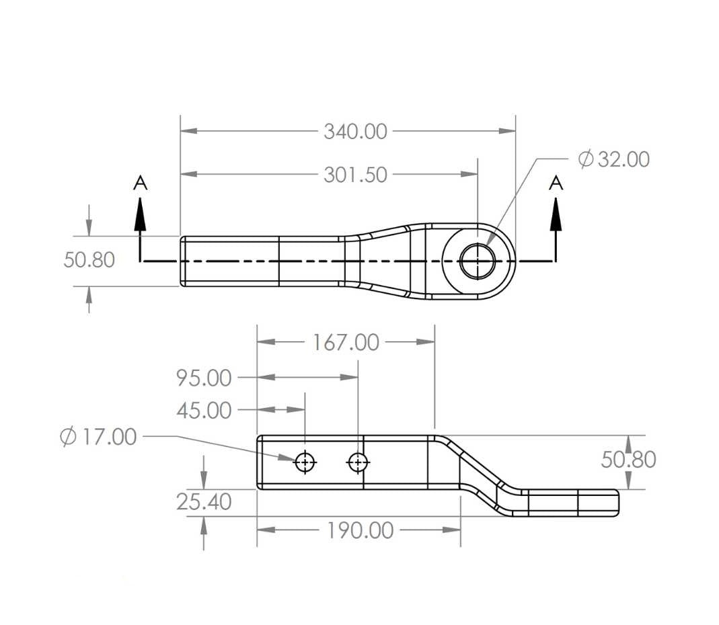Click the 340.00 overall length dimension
[355, 132]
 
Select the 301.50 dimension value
[355, 175]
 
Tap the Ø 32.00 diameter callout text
[613, 159]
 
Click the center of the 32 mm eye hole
[477, 261]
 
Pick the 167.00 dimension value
[346, 343]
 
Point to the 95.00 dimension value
[204, 378]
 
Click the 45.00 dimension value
[204, 410]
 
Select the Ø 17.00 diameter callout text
[98, 437]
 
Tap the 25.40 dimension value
[204, 502]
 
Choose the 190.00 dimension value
[360, 530]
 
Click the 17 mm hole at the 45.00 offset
[305, 462]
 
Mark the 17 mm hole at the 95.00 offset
[358, 462]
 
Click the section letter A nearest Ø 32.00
[556, 182]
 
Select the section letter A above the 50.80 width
[140, 182]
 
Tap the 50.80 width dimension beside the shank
[89, 260]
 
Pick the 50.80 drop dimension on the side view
[628, 460]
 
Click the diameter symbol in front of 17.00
[68, 437]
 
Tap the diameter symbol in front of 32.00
[585, 159]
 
